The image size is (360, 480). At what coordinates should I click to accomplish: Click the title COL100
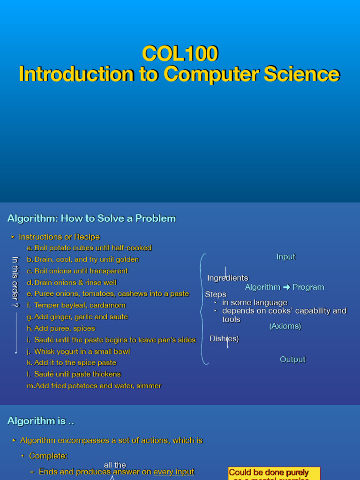pos(180,54)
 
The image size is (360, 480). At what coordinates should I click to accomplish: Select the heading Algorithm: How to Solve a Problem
pos(91,218)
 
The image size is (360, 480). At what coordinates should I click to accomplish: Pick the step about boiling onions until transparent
pos(81,271)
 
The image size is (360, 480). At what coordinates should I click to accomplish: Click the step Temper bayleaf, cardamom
pos(80,305)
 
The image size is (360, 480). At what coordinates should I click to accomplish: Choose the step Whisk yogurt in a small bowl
pos(82,351)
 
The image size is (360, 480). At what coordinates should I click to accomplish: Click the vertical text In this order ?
pos(15,282)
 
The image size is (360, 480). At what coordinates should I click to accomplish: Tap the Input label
pos(286,257)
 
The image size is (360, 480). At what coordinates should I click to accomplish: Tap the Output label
pos(292,360)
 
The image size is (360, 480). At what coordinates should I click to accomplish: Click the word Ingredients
pos(228,278)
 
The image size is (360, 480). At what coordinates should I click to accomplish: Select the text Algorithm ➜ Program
pos(285,287)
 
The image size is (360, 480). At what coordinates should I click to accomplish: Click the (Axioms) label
pos(285,326)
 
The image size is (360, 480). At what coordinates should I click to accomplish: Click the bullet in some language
pos(255,303)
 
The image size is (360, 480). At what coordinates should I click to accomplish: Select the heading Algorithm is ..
pos(41,421)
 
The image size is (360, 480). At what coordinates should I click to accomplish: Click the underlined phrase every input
pos(173,472)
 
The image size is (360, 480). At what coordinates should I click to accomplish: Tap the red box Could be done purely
pos(274,473)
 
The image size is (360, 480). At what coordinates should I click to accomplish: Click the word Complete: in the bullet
pos(48,456)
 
